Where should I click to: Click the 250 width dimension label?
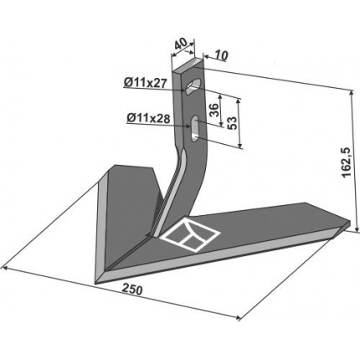pyautogui.click(x=132, y=290)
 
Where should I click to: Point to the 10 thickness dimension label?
pyautogui.click(x=221, y=55)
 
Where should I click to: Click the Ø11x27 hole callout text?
pyautogui.click(x=145, y=82)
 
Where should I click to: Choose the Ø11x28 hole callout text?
pyautogui.click(x=148, y=119)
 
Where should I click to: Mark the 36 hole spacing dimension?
pyautogui.click(x=213, y=111)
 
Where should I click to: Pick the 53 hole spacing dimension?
pyautogui.click(x=232, y=123)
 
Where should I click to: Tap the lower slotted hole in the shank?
pyautogui.click(x=194, y=128)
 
